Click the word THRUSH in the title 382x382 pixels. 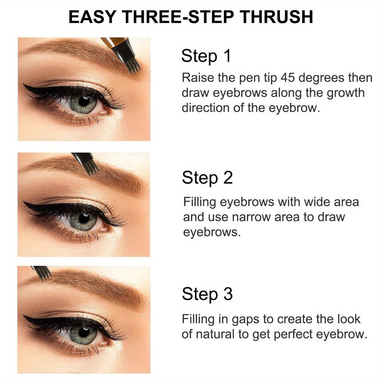pos(277,17)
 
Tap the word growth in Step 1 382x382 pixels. pos(346,93)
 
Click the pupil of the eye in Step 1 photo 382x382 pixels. pos(84,102)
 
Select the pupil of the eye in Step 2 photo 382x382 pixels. pos(84,218)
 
